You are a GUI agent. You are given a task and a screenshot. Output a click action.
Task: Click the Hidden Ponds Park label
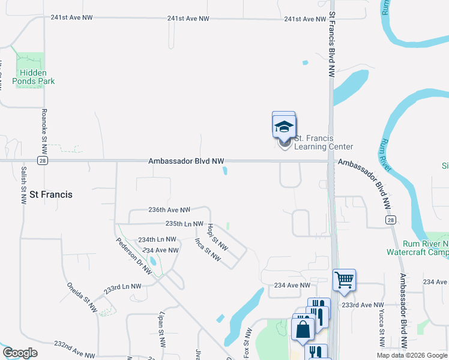pyautogui.click(x=34, y=76)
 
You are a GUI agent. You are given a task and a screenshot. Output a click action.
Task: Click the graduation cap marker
pyautogui.click(x=283, y=126)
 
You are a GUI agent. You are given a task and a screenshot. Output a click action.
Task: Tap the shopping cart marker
pyautogui.click(x=344, y=279)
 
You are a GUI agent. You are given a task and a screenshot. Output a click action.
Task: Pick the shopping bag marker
pyautogui.click(x=303, y=329)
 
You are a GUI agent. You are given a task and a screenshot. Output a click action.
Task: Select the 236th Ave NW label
pyautogui.click(x=169, y=210)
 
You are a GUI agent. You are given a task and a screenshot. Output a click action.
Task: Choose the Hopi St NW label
pyautogui.click(x=217, y=237)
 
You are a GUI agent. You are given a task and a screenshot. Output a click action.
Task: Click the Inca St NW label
pyautogui.click(x=208, y=250)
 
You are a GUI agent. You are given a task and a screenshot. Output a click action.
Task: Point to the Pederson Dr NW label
pyautogui.click(x=134, y=255)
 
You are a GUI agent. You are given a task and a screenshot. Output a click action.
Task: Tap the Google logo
pyautogui.click(x=20, y=353)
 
